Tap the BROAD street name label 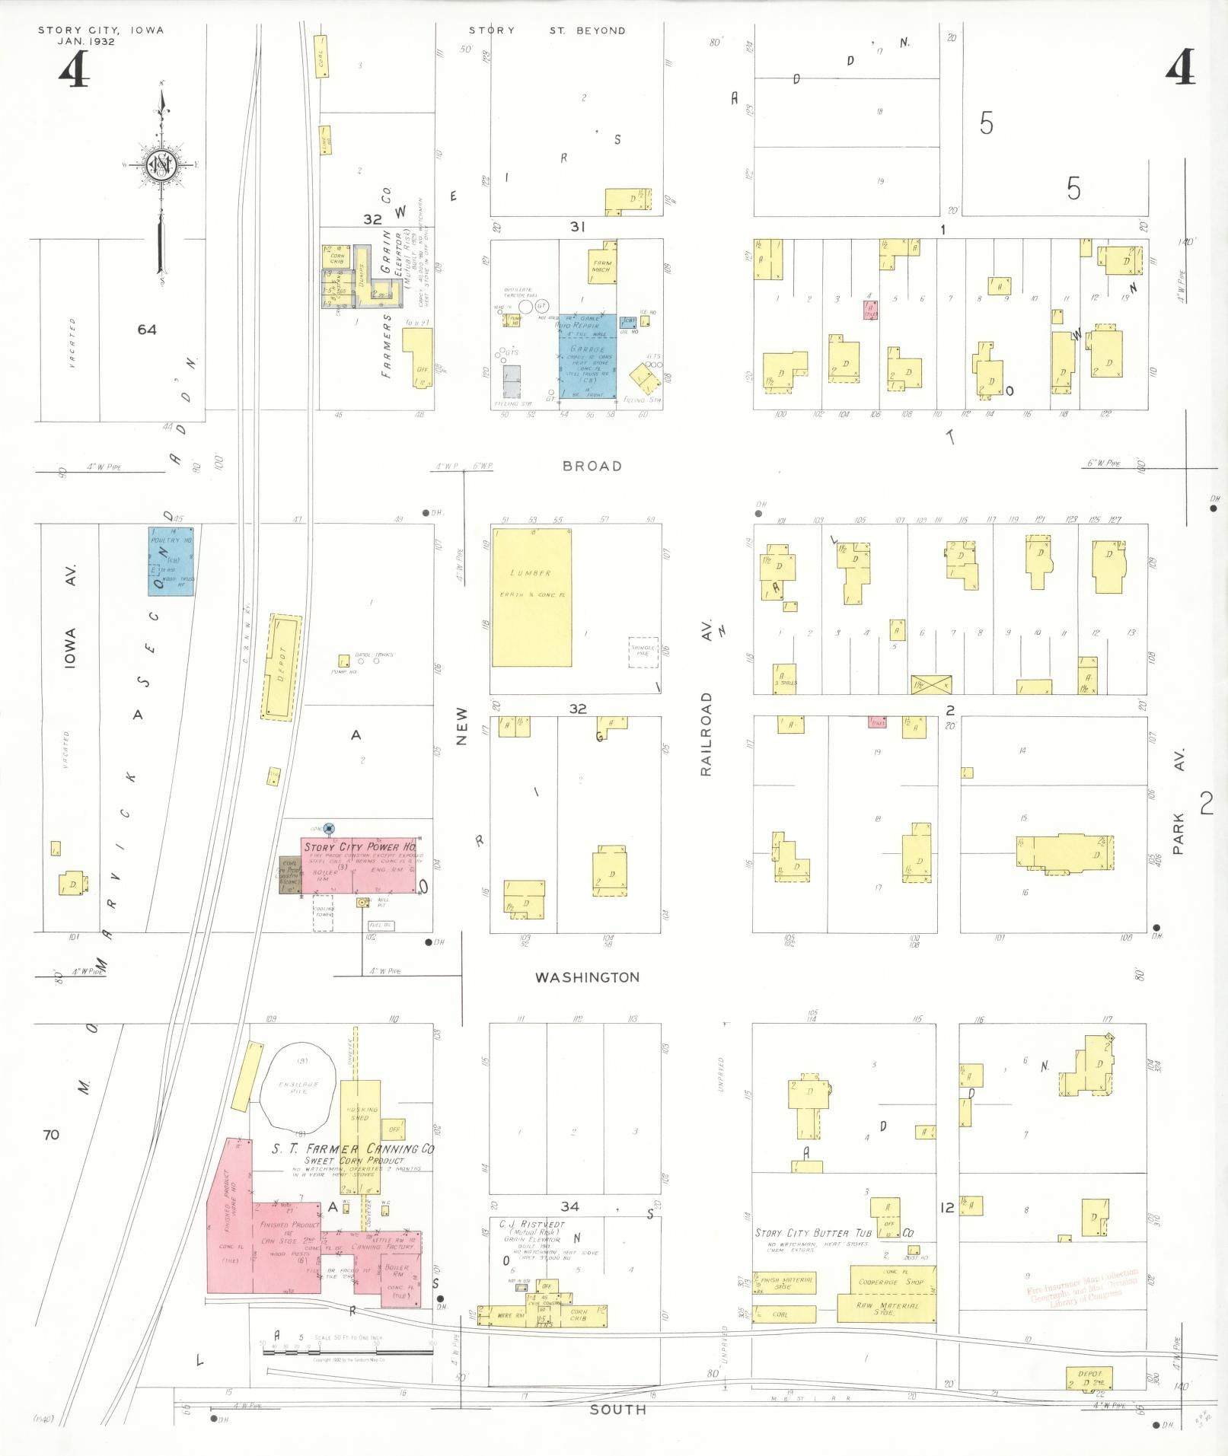pos(592,466)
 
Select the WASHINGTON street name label pos(587,977)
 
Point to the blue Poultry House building pos(171,560)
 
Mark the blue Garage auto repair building pos(587,355)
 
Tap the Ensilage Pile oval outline pos(297,1086)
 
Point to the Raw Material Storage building pos(886,1309)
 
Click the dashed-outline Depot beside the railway pos(281,667)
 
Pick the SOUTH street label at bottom pos(617,1410)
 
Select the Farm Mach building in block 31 pos(602,263)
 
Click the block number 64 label pos(147,329)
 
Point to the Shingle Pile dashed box pos(643,652)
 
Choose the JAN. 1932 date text pos(86,41)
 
